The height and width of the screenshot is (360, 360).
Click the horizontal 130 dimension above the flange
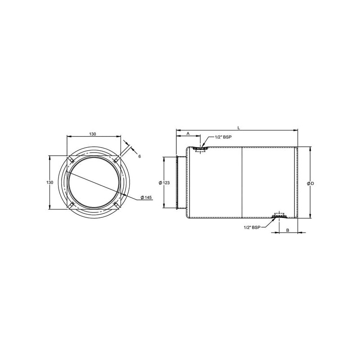click(93, 134)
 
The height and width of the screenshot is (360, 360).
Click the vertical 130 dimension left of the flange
click(49, 183)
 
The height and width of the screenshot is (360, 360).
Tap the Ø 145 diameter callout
click(146, 198)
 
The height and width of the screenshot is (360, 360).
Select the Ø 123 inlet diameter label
click(164, 183)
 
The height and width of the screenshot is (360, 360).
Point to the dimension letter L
click(238, 128)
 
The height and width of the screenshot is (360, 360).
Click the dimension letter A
click(188, 134)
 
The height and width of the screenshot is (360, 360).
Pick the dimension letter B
click(288, 230)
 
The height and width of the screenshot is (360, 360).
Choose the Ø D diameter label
click(310, 184)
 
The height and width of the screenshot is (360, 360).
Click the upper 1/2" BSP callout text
click(223, 137)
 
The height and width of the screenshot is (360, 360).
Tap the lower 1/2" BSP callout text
click(252, 228)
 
